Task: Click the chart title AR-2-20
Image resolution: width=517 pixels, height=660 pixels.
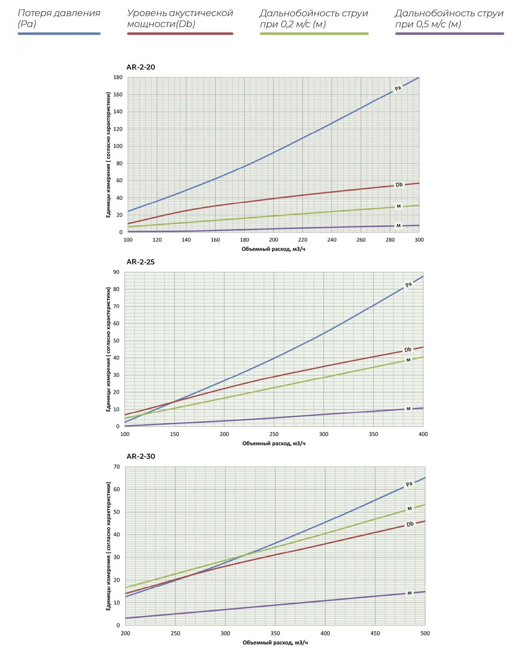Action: pos(140,67)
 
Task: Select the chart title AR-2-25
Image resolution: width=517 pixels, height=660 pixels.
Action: pos(140,262)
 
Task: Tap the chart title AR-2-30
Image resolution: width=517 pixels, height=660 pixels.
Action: pos(140,456)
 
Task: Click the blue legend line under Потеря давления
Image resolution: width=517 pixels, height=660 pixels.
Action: pos(59,34)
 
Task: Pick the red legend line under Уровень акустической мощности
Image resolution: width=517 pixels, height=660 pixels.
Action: pos(180,34)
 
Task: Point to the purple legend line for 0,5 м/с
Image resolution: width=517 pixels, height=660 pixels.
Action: pos(449,34)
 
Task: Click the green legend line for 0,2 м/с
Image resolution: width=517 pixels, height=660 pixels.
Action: pos(314,34)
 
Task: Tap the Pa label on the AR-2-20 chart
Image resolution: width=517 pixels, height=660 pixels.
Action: pos(398,88)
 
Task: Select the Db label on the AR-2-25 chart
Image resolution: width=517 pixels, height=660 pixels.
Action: pos(408,349)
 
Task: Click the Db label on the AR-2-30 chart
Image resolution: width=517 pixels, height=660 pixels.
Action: pos(410,524)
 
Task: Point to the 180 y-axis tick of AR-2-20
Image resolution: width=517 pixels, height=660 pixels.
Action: pos(118,77)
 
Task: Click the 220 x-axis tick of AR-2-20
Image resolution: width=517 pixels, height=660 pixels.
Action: pos(303,240)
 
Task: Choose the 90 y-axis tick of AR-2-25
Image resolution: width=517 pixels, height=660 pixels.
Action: pos(116,272)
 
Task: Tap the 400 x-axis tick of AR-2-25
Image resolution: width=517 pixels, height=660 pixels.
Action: pos(423,434)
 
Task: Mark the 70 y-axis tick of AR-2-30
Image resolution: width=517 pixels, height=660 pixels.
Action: pos(117,467)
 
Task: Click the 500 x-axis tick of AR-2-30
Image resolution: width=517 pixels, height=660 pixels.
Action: pos(425,633)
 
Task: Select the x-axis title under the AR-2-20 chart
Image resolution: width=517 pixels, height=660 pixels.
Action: pos(274,249)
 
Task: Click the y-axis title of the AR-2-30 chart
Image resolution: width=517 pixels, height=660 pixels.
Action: pos(109,546)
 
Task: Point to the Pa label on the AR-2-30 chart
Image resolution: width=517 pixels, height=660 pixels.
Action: pos(409,484)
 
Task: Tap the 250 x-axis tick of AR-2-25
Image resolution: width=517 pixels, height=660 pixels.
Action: pos(274,434)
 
